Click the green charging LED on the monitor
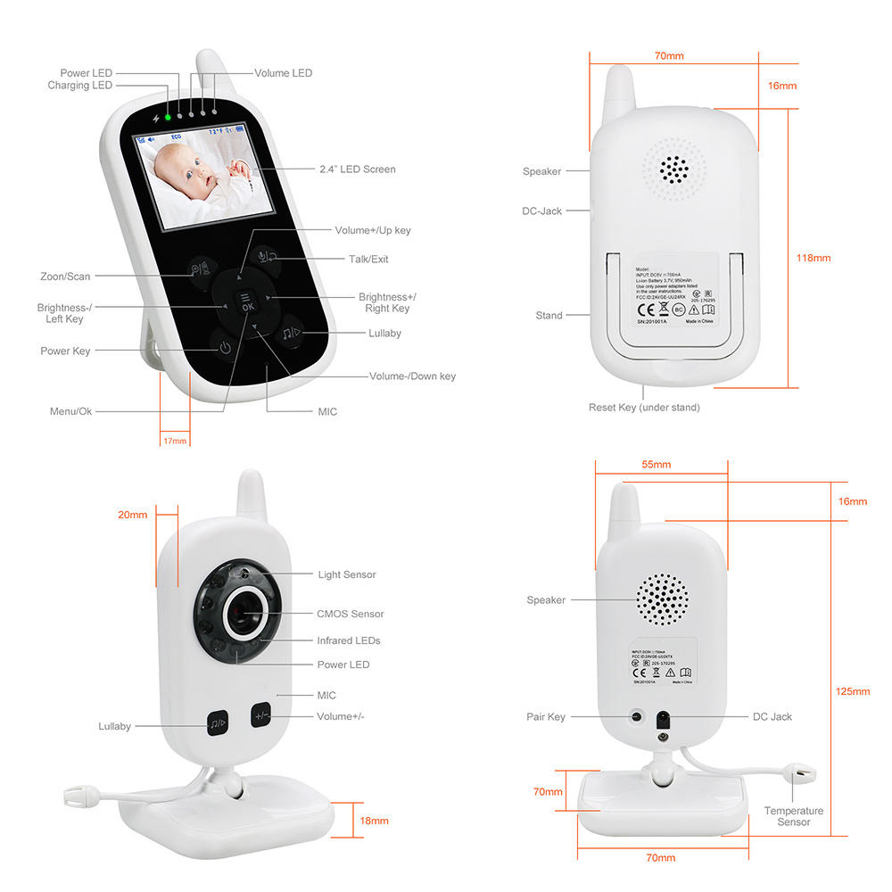167,117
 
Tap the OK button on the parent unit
247,301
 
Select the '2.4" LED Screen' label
357,169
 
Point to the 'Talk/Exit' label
368,260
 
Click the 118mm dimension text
813,258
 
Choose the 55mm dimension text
656,465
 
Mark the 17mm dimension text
175,441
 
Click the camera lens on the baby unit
242,614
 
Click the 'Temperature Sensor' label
793,816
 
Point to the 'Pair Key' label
545,717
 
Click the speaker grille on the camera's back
662,597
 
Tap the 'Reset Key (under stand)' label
644,408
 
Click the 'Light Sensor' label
347,574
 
